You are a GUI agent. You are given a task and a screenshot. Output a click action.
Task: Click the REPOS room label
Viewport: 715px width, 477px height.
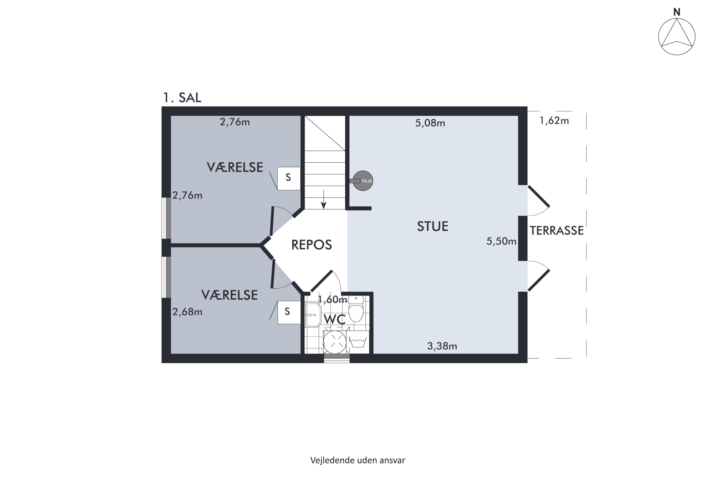[x=311, y=245]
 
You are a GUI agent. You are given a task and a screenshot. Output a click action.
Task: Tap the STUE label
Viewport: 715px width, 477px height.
[x=432, y=227]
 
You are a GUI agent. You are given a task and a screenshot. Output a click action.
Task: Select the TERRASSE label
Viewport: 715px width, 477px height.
[x=557, y=231]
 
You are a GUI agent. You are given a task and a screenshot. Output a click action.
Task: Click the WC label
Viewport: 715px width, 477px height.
[x=334, y=319]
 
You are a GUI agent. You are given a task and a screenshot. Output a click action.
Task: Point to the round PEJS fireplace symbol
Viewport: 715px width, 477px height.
[x=363, y=181]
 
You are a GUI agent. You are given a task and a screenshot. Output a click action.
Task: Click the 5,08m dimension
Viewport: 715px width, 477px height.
[x=430, y=123]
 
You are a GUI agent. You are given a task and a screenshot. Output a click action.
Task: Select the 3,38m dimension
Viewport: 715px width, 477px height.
[x=442, y=346]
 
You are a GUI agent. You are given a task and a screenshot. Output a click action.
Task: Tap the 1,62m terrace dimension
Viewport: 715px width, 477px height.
[x=554, y=121]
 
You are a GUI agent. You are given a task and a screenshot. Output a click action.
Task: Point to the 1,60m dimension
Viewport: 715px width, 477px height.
[x=332, y=300]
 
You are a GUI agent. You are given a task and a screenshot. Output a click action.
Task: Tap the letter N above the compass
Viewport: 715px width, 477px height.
[x=677, y=12]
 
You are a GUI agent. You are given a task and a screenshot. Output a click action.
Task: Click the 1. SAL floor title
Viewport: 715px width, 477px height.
[x=182, y=98]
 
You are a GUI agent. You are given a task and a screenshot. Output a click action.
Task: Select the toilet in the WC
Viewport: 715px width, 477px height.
[x=356, y=309]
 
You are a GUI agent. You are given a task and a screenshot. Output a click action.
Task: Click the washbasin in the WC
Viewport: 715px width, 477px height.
[x=313, y=315]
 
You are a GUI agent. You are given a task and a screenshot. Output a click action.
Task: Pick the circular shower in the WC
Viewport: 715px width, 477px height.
[x=335, y=342]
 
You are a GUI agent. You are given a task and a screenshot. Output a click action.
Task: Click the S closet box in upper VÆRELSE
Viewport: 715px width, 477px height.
[x=288, y=179]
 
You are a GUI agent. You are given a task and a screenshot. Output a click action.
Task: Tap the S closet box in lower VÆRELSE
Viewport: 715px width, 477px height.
[x=288, y=312]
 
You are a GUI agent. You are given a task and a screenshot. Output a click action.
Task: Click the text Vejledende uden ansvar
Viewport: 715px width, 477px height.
[x=357, y=461]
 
